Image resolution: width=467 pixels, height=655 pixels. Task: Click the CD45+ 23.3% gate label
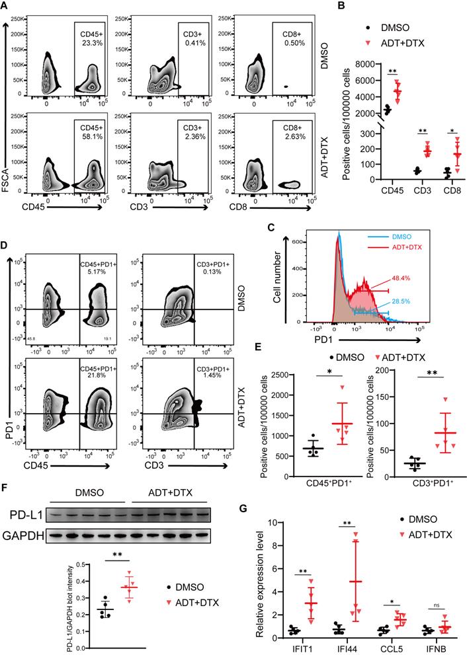[x=88, y=38]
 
